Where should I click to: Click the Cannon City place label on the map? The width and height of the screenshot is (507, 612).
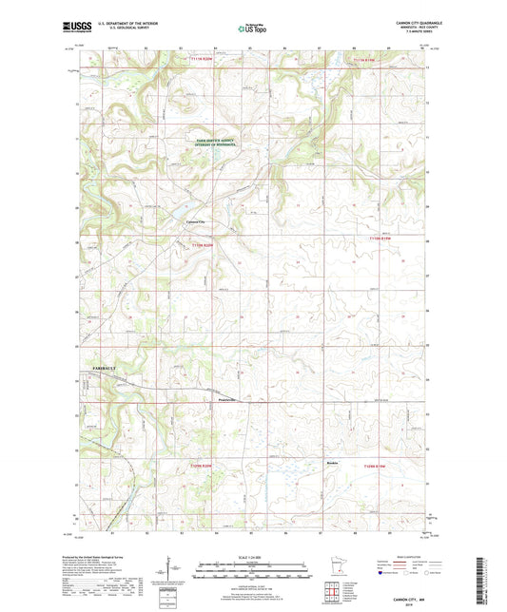195,221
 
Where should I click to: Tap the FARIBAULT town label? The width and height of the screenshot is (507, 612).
87,365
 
